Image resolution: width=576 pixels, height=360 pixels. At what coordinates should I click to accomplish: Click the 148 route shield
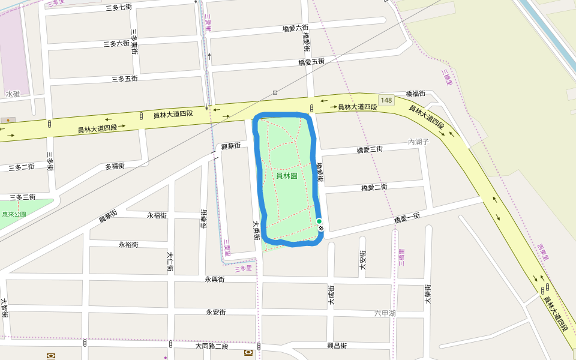[x=386, y=99]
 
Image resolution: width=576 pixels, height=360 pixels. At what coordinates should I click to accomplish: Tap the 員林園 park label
[x=287, y=176]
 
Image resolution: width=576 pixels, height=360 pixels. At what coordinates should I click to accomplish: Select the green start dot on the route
[x=319, y=221]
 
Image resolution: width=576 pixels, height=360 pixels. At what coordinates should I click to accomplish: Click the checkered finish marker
[x=322, y=228]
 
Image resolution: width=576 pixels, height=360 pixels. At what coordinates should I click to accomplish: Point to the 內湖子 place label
[x=419, y=142]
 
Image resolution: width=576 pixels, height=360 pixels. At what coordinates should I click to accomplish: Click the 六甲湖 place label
[x=385, y=313]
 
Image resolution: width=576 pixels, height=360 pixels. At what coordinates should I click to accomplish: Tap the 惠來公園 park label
[x=14, y=214]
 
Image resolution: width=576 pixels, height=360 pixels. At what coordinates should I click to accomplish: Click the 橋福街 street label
[x=415, y=94]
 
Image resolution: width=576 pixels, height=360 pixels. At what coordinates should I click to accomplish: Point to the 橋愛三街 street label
[x=370, y=150]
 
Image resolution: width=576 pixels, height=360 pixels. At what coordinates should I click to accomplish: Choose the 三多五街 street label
[x=124, y=79]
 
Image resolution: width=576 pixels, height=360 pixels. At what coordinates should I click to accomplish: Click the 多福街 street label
[x=115, y=166]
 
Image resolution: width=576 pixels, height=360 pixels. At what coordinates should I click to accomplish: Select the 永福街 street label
[x=157, y=215]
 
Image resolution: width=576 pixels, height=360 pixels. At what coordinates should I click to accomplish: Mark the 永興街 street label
[x=214, y=280]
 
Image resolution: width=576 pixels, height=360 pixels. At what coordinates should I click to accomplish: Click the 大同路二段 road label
[x=212, y=346]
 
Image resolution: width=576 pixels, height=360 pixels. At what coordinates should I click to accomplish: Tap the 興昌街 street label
[x=337, y=346]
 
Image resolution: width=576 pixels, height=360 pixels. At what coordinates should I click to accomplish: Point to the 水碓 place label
[x=13, y=94]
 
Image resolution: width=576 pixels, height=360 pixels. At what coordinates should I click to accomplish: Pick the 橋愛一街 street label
[x=407, y=219]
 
